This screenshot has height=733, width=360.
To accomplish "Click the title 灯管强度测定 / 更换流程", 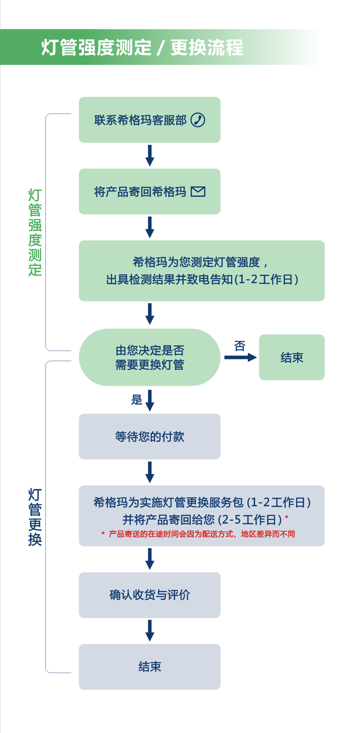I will [x=142, y=48].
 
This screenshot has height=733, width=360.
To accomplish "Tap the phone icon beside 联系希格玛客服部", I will [x=198, y=120].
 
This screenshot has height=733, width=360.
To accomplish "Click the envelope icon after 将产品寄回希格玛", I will [x=198, y=192].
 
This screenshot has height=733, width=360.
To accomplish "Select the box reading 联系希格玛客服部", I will [x=149, y=120].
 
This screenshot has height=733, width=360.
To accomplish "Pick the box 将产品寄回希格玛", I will [x=149, y=192].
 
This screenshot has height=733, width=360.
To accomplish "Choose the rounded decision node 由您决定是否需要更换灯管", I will [x=149, y=357].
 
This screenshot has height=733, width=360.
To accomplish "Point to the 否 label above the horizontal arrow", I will [x=240, y=346].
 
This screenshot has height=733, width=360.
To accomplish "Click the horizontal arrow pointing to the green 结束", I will [x=240, y=357].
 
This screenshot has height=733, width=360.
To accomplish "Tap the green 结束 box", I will [x=292, y=357].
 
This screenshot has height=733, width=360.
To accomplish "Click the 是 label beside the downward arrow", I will [x=137, y=400].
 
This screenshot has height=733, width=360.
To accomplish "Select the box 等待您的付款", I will [x=149, y=436].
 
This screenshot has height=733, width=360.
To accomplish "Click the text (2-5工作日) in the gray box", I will [x=250, y=519].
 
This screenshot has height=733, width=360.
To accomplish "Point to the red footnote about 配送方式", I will [x=198, y=534].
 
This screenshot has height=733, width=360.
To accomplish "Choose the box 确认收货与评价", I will [x=149, y=595].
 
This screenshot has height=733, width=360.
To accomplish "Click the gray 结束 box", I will [x=149, y=667].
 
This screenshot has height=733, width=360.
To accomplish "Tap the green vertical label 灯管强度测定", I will [x=35, y=232].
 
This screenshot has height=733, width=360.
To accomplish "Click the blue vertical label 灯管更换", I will [x=35, y=517].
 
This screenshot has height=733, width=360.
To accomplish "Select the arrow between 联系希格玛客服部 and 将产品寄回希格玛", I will [x=150, y=156].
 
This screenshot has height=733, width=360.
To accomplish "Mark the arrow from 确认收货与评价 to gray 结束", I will [x=150, y=630].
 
